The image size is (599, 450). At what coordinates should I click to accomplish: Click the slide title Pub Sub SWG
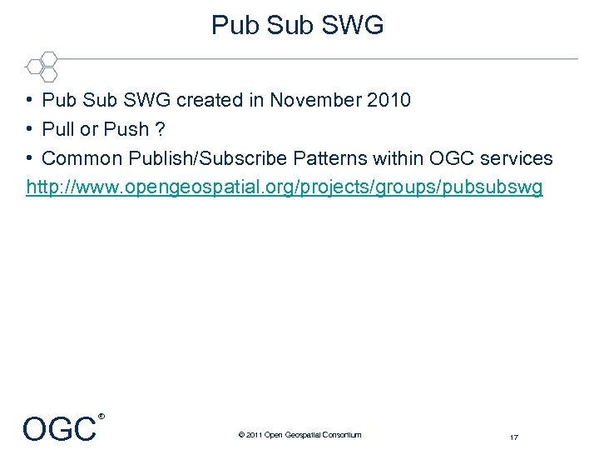pos(298,25)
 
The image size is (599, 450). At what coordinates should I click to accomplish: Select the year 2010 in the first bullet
pos(389,101)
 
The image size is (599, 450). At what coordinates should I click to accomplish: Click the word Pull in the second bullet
pos(58,130)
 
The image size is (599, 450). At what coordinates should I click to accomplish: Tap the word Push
pos(126,130)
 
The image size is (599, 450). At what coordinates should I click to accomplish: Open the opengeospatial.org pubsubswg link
pos(285,187)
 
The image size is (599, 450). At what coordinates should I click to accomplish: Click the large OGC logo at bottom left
pos(59,429)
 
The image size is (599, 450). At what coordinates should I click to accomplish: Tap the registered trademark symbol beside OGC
pos(101,415)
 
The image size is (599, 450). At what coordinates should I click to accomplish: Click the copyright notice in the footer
pos(299,434)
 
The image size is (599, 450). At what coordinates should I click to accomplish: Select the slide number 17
pos(514,437)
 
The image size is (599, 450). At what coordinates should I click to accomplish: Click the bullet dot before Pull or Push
pos(29,130)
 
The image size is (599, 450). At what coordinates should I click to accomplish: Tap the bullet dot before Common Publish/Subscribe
pos(29,158)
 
